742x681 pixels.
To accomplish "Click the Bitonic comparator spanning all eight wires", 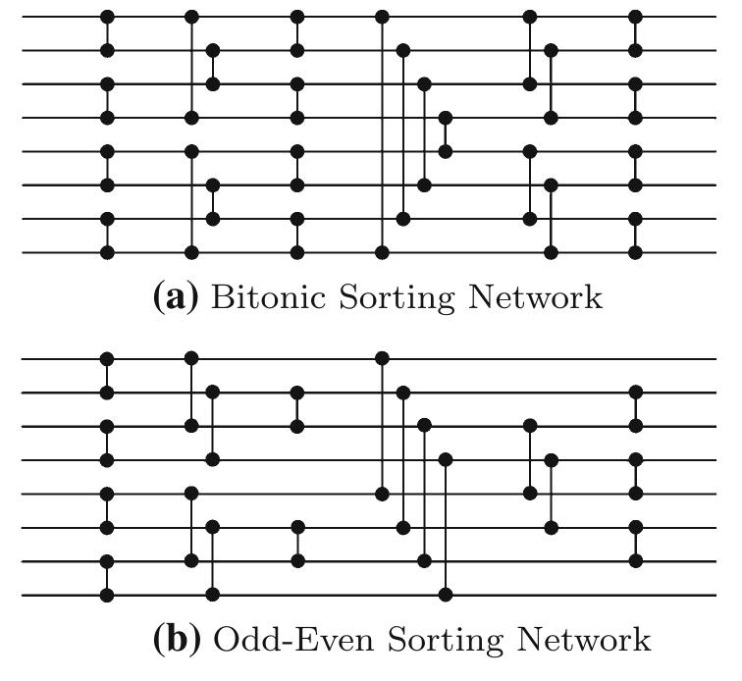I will tap(383, 134).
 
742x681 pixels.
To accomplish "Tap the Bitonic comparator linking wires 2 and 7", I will tap(402, 134).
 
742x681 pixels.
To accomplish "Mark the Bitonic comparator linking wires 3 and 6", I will tap(424, 134).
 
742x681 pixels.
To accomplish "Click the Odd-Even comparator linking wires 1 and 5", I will tap(383, 425).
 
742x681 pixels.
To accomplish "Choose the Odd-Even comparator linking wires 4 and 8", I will tap(446, 527).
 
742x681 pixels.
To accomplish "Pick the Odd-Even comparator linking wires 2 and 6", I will tap(402, 460).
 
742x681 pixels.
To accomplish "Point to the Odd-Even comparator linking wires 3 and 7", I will tap(424, 493).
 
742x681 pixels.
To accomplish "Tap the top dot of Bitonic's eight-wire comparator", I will tap(383, 17).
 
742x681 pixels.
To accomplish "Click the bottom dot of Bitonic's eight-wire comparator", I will tap(383, 252).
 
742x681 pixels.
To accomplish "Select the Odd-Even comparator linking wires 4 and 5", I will tap(636, 476).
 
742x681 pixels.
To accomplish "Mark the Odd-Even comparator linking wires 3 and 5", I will tap(530, 458).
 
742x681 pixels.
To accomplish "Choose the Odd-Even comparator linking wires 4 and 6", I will tap(552, 494).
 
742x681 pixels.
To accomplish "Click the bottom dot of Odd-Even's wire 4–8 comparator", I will tap(446, 595).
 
